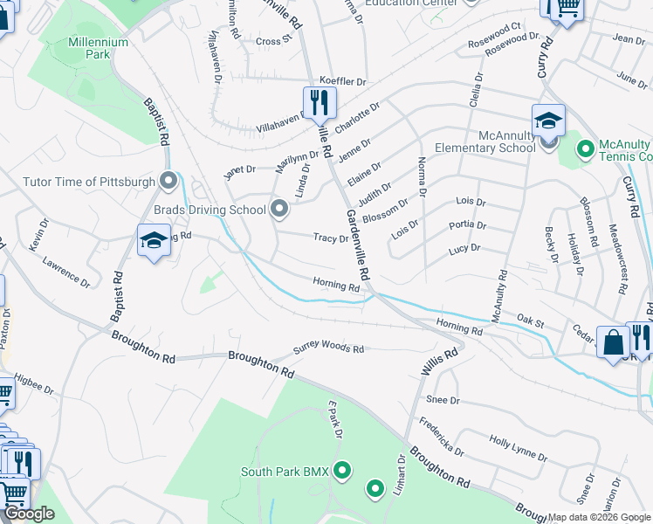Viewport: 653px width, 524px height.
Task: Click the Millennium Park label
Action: tap(86, 48)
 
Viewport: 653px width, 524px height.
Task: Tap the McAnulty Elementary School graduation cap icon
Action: tap(548, 121)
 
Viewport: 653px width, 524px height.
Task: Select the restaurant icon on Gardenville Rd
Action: tap(320, 103)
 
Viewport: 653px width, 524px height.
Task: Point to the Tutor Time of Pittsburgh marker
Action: tap(169, 182)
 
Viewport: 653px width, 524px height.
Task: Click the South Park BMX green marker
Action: tap(342, 472)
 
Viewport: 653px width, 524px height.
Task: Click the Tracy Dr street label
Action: tap(331, 238)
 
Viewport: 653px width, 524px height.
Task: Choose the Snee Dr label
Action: tap(443, 399)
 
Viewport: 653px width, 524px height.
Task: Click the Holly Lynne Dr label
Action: tap(518, 450)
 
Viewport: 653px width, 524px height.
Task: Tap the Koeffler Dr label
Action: tap(343, 80)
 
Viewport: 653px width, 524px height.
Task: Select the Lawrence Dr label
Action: tap(66, 272)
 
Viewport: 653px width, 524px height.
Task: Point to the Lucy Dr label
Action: tap(464, 249)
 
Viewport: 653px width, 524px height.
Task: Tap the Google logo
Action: tap(29, 514)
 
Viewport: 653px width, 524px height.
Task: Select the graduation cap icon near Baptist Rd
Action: tap(154, 241)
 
